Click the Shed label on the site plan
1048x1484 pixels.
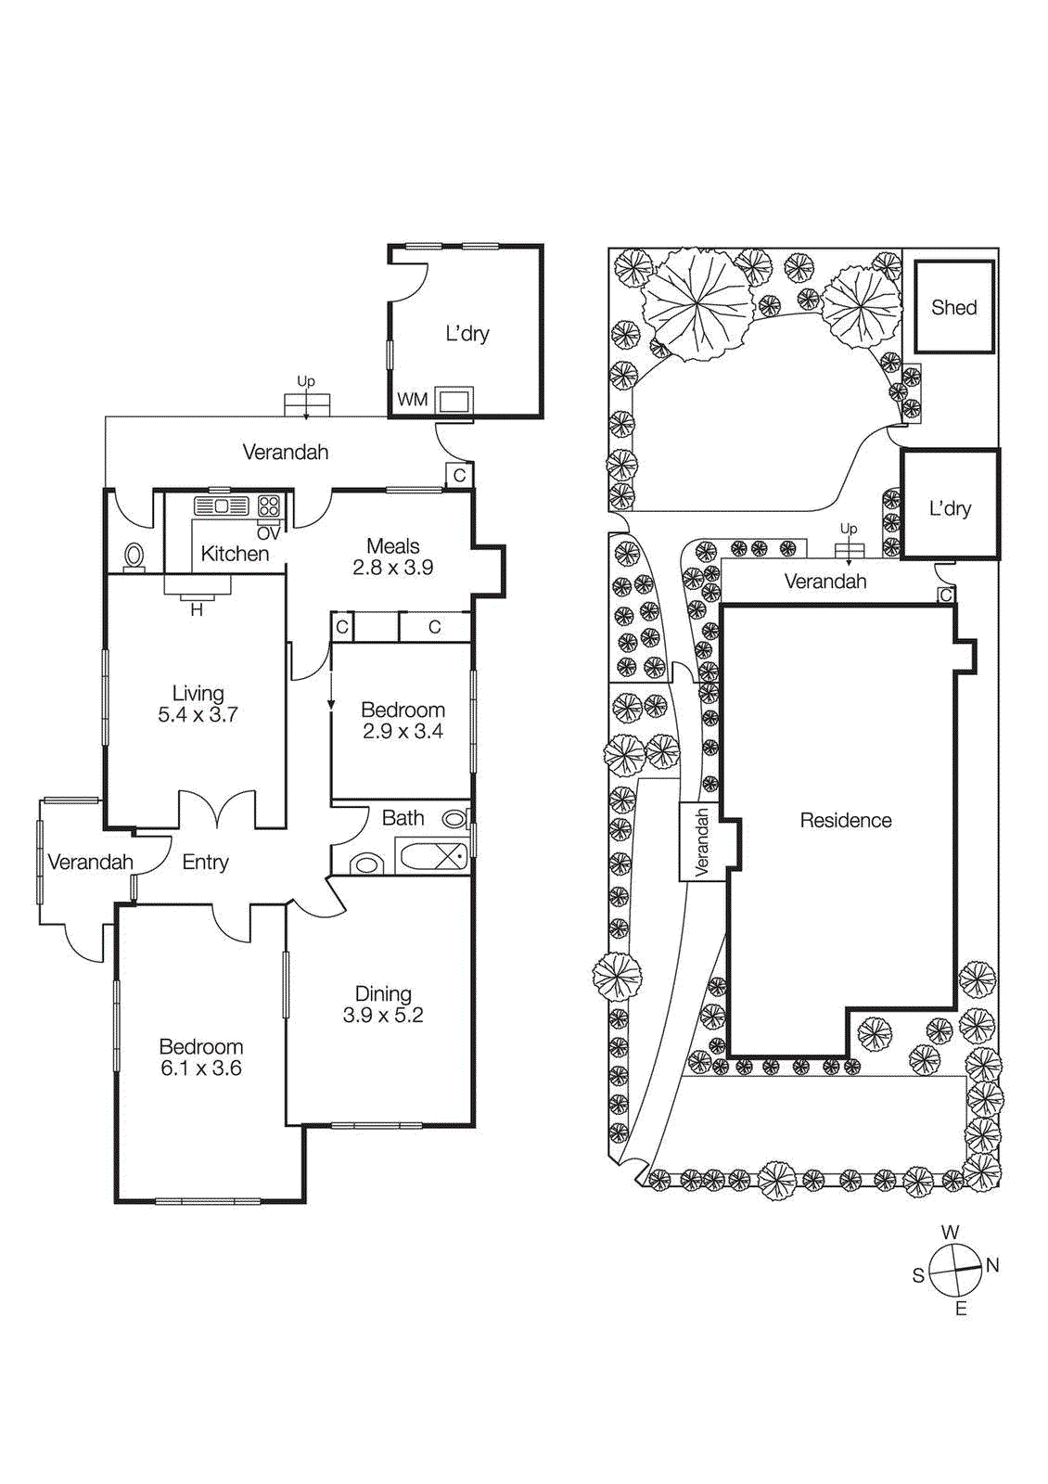tap(953, 307)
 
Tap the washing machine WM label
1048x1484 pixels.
tap(412, 400)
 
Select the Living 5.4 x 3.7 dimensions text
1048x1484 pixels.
tap(198, 715)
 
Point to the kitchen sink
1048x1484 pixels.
tap(221, 506)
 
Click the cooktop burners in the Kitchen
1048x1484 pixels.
tap(269, 505)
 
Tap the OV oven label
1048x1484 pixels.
tap(268, 533)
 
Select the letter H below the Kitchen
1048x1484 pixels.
tap(197, 610)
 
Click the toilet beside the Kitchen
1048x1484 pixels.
tap(134, 556)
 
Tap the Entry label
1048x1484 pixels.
tap(205, 863)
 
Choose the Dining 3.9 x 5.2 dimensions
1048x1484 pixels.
tap(383, 1016)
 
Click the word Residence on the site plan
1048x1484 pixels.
tap(845, 820)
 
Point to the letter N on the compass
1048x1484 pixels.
tap(992, 1265)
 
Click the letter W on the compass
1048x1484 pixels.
tap(950, 1233)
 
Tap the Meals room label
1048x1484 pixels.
tap(392, 546)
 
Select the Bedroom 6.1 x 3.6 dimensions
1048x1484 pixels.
tap(201, 1068)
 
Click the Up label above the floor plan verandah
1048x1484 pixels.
tap(305, 381)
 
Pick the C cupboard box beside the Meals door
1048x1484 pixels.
tap(459, 475)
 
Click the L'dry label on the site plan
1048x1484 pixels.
tap(950, 508)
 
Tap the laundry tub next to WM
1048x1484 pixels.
tap(454, 401)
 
